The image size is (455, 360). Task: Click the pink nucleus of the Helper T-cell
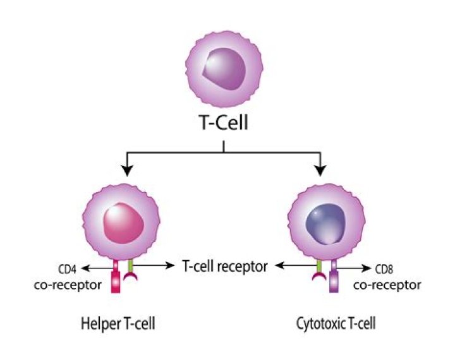126,222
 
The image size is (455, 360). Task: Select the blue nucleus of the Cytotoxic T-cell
323,222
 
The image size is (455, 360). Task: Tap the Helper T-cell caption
118,325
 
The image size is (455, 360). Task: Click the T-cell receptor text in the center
224,266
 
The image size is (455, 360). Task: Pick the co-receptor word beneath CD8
387,285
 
